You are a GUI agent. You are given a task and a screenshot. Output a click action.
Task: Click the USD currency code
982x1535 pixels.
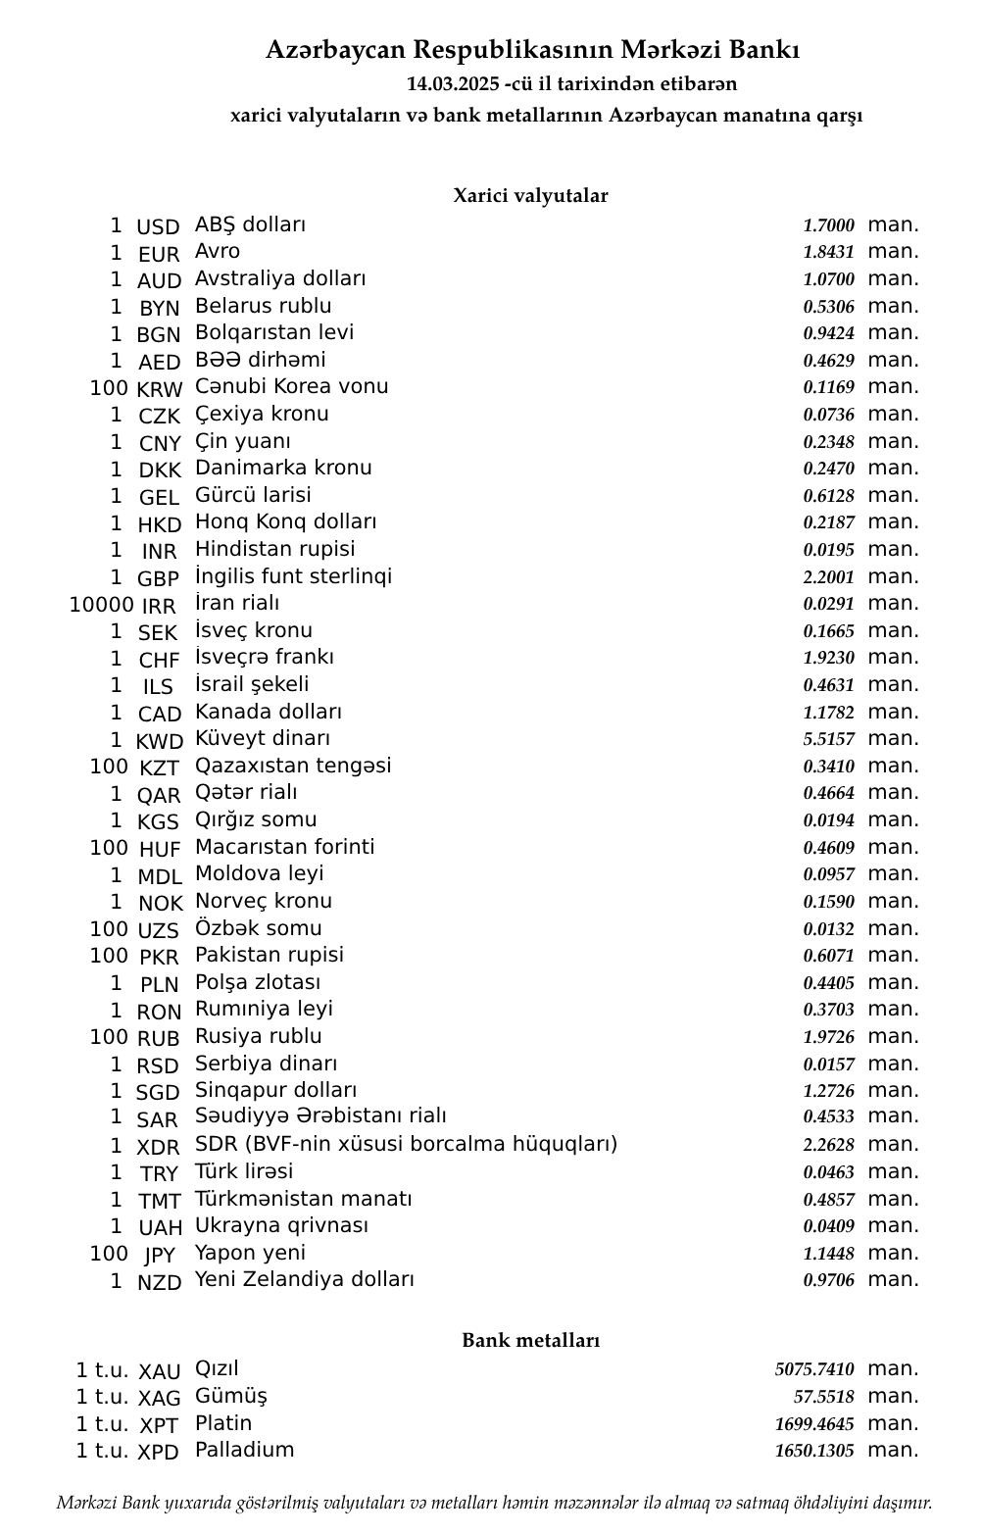point(158,227)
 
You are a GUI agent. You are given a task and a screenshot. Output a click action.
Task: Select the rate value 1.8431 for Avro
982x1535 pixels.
point(828,253)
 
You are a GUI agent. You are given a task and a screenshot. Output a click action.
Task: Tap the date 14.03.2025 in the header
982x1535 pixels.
point(453,84)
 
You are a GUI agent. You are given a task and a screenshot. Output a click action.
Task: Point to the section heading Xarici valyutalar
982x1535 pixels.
point(530,196)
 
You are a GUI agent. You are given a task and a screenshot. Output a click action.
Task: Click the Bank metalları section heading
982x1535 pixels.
point(530,1341)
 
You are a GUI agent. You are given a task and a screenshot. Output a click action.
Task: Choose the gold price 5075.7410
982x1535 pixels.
point(813,1369)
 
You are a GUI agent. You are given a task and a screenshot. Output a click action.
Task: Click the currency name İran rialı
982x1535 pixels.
point(237,603)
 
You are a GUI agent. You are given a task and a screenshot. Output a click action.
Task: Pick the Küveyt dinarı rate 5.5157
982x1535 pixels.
point(828,740)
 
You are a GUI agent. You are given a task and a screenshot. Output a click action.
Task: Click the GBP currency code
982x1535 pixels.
point(158,579)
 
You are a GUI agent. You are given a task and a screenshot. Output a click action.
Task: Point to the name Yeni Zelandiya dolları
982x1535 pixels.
point(304,1279)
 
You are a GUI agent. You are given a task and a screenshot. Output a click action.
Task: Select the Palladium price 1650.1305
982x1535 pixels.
point(813,1451)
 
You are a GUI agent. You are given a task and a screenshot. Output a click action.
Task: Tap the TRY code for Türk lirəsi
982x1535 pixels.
point(159,1174)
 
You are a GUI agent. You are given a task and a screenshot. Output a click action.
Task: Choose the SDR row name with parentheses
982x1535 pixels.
point(406,1144)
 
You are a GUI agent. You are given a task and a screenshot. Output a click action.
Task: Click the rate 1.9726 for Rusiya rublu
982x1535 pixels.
point(828,1037)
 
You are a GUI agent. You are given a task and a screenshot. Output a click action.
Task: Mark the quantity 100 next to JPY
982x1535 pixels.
point(109,1254)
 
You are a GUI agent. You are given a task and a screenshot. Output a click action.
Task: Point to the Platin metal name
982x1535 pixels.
point(223,1423)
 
